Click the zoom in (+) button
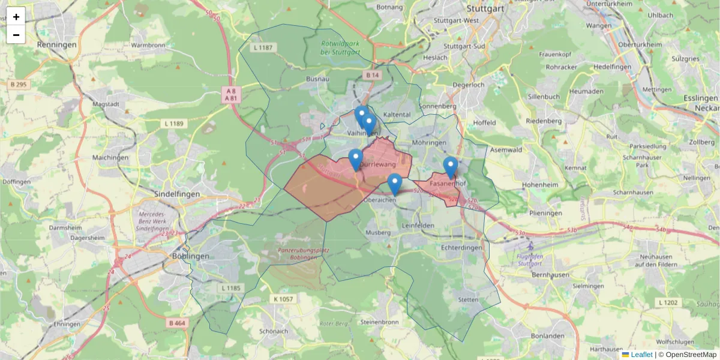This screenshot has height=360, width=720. pyautogui.click(x=16, y=17)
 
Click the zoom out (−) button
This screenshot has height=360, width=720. pyautogui.click(x=16, y=34)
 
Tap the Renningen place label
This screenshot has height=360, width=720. pyautogui.click(x=57, y=45)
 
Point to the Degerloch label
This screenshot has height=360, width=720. pyautogui.click(x=469, y=85)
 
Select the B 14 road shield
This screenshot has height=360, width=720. pyautogui.click(x=373, y=75)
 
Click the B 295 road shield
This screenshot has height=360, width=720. pyautogui.click(x=19, y=85)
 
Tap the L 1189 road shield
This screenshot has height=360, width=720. pyautogui.click(x=175, y=124)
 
